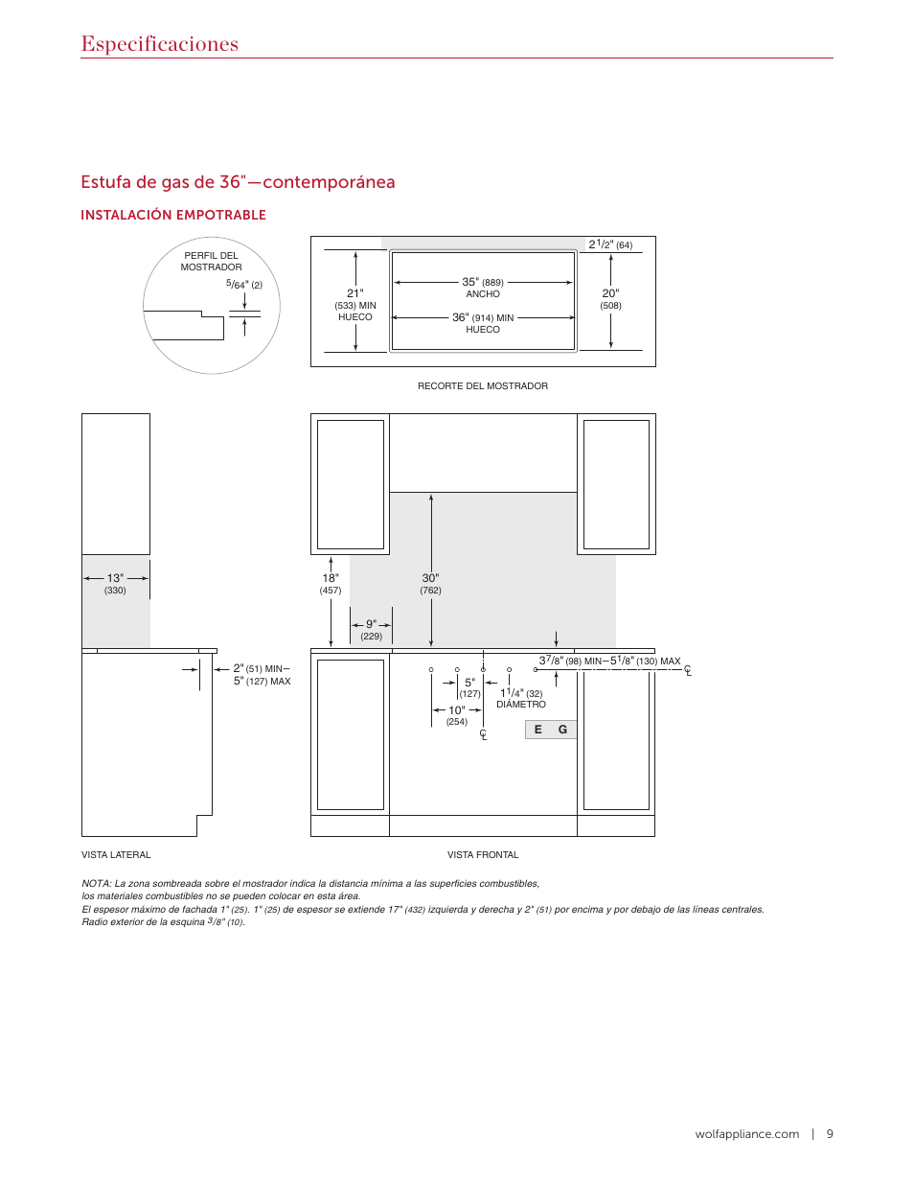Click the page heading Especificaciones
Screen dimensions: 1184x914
point(159,44)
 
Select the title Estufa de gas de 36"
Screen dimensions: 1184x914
point(238,182)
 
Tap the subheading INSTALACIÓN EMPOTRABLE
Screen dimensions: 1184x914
point(173,215)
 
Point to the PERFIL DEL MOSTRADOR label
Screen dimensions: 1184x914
point(211,262)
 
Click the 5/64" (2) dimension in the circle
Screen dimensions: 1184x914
point(243,285)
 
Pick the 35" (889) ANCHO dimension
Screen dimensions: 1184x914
point(483,288)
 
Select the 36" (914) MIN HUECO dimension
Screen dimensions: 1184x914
point(483,322)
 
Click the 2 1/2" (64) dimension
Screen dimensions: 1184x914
point(610,244)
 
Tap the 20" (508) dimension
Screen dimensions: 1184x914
point(610,299)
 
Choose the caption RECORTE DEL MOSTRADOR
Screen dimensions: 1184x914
point(483,386)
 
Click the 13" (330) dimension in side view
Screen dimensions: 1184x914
point(115,584)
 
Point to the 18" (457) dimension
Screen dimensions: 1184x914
point(331,584)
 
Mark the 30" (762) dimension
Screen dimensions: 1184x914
point(431,584)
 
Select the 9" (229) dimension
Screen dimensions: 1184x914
point(371,630)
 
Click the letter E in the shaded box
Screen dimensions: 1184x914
point(538,730)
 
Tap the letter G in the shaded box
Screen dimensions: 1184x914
point(562,730)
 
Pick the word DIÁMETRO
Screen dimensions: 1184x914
point(521,705)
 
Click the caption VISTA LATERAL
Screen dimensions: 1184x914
point(116,855)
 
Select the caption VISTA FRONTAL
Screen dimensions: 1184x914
point(483,855)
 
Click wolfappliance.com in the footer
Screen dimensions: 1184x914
point(746,1134)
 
